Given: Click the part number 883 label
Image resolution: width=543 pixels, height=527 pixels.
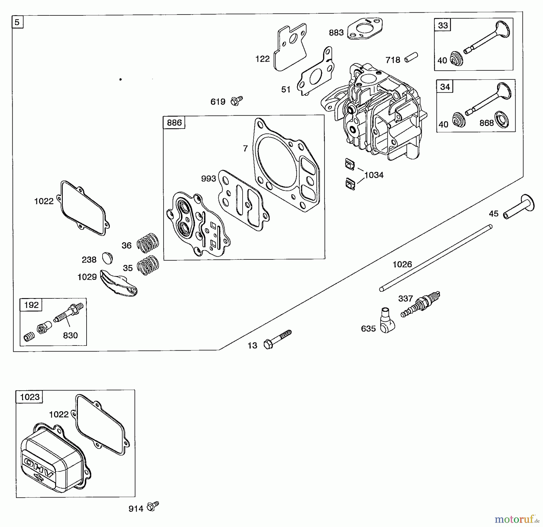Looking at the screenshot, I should click(336, 33).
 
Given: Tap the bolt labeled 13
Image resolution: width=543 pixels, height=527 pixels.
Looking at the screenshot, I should click(277, 339).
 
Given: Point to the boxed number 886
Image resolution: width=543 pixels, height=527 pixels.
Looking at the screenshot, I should click(174, 123).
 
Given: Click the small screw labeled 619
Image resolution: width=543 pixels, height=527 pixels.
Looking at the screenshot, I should click(237, 101).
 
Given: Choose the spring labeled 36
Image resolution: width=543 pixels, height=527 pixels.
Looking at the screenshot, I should click(148, 242).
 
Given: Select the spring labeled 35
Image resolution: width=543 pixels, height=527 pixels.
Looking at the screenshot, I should click(148, 265).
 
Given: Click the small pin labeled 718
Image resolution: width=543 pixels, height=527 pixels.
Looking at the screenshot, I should click(411, 57).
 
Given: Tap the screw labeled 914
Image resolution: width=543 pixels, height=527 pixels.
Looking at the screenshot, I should click(153, 506).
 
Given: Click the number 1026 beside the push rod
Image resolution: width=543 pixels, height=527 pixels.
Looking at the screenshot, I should click(402, 265).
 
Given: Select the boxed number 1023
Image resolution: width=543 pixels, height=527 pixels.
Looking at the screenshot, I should click(30, 397).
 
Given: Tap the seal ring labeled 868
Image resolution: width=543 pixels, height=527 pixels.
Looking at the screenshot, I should click(501, 120).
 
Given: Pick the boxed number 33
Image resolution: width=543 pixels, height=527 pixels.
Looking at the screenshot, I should click(443, 25).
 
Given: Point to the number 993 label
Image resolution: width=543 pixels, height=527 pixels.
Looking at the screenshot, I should click(208, 179).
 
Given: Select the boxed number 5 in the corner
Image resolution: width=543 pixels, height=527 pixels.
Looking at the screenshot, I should click(17, 22).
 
